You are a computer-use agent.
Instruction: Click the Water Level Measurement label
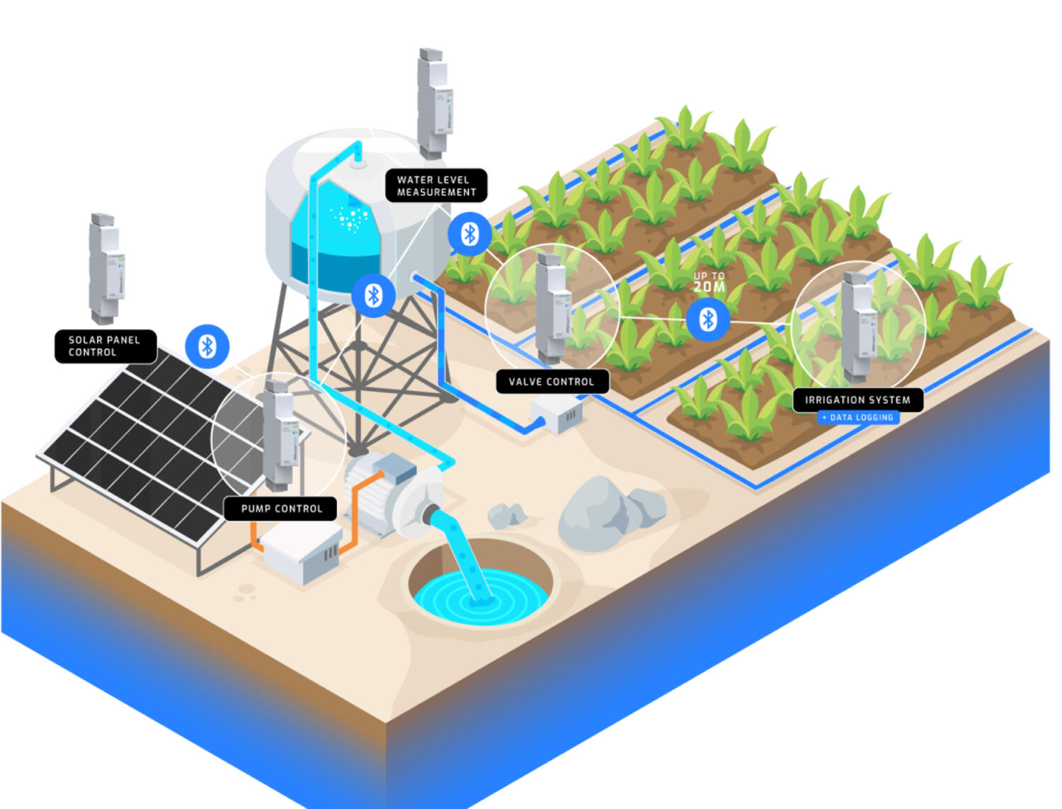click(x=436, y=186)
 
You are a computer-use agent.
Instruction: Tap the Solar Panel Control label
click(x=105, y=346)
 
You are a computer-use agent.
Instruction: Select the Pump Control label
click(x=281, y=509)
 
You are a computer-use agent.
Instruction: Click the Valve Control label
click(x=552, y=382)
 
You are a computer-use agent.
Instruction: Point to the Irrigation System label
click(x=857, y=400)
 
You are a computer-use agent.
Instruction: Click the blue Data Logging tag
click(x=858, y=418)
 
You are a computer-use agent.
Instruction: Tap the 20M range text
click(x=709, y=286)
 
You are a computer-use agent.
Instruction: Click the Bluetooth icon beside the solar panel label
click(x=207, y=346)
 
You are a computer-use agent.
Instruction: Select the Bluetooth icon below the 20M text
click(x=708, y=320)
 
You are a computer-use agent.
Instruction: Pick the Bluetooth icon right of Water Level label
click(x=469, y=234)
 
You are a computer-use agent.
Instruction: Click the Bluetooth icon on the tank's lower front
click(x=373, y=295)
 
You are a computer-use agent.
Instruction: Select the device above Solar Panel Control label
click(x=106, y=268)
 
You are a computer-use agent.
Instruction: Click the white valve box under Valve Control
click(x=557, y=414)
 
